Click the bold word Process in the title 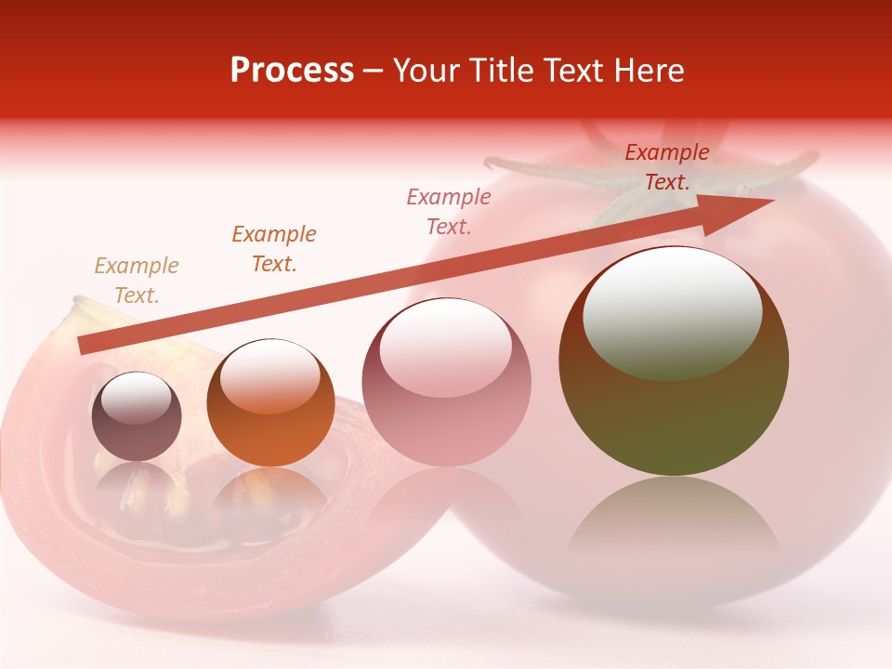click(292, 71)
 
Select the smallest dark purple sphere click(137, 417)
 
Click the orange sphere click(270, 403)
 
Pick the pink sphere click(446, 383)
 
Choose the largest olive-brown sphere click(674, 362)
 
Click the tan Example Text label click(137, 281)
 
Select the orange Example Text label click(274, 249)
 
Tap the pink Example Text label click(449, 211)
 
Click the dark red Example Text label click(667, 167)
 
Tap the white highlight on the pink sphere click(445, 347)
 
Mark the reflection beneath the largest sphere click(674, 520)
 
